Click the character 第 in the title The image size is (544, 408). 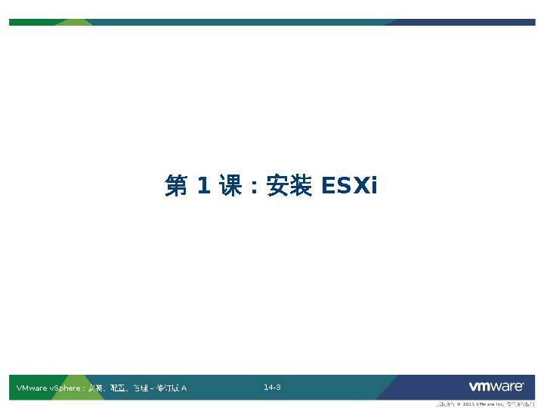click(x=175, y=186)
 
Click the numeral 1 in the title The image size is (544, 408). click(x=203, y=186)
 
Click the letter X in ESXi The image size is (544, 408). click(x=358, y=186)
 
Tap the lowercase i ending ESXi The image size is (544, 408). click(x=372, y=186)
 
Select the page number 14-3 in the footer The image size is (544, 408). click(x=272, y=388)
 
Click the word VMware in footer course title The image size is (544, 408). click(x=31, y=388)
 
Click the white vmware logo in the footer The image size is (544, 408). click(x=496, y=387)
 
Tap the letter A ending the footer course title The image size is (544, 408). click(x=184, y=388)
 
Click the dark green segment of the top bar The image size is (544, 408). click(x=30, y=22)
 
